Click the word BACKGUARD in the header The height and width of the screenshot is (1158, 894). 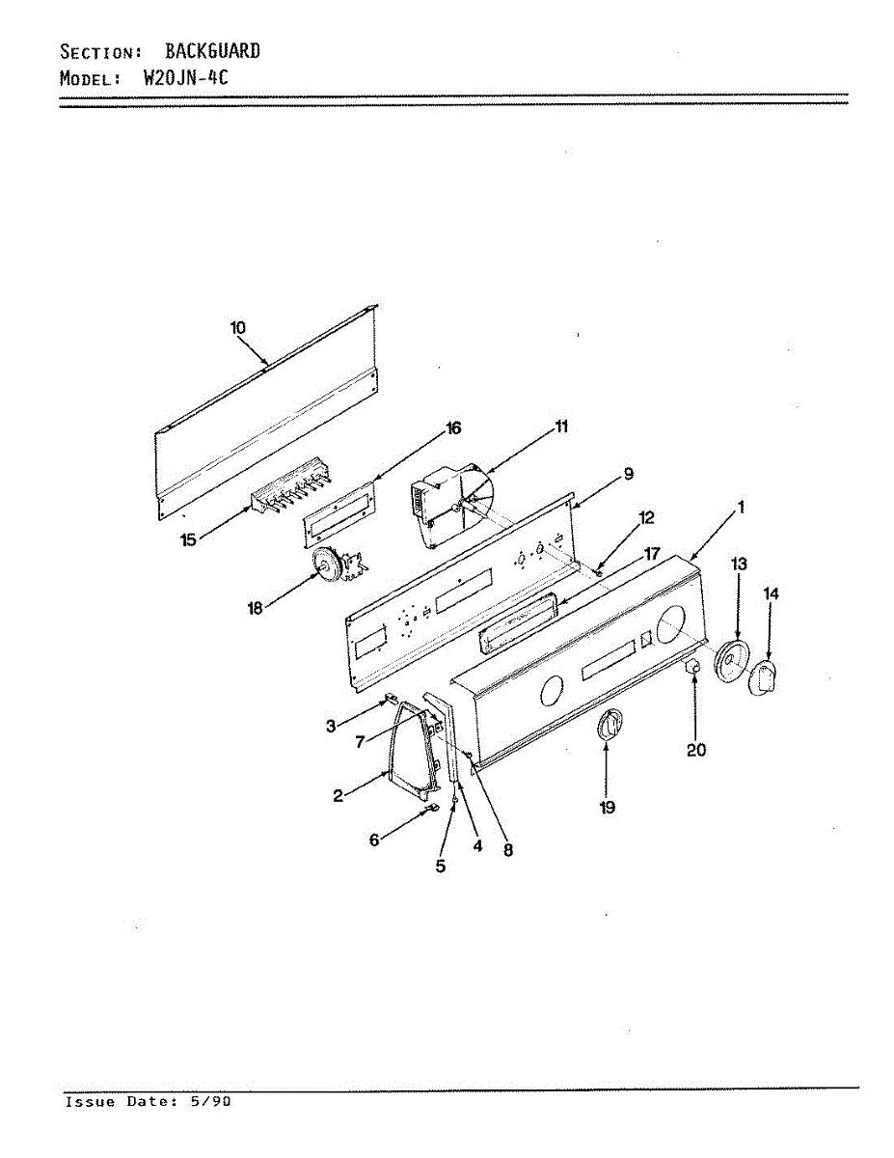click(212, 51)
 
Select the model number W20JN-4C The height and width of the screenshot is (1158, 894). click(185, 79)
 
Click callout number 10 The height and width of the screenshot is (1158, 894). click(238, 328)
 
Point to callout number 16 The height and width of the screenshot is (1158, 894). click(452, 428)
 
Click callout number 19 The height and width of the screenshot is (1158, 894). click(607, 807)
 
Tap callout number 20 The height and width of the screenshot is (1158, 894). click(696, 749)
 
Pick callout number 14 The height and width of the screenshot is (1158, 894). click(771, 594)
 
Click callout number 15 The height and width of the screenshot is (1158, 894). click(188, 540)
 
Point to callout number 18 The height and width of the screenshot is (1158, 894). click(256, 609)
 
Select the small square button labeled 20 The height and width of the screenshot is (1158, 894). click(691, 669)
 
